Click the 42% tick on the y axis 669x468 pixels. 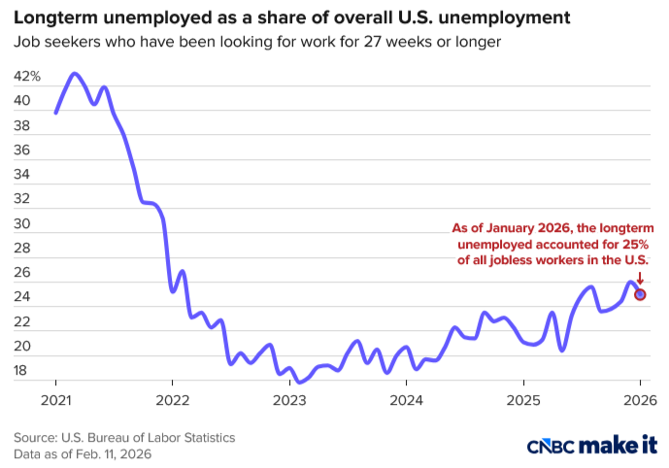point(27,77)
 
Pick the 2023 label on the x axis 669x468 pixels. point(289,400)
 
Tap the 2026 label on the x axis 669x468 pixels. point(640,400)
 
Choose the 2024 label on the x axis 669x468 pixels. point(406,400)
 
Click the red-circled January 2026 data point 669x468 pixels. point(640,294)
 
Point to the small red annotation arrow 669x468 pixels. point(640,278)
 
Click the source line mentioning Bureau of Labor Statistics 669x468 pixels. point(124,438)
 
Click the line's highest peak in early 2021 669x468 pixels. point(75,74)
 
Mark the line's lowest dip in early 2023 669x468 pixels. point(301,382)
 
